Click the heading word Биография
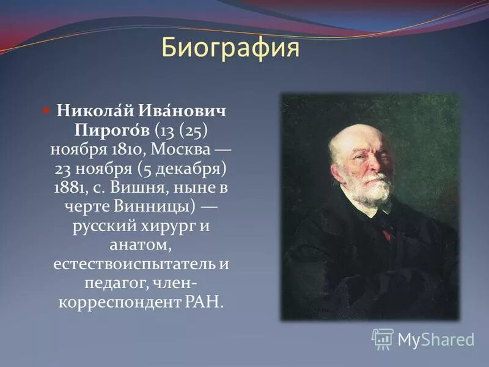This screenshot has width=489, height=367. coord(230,48)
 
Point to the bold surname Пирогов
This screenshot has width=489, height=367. coord(112,130)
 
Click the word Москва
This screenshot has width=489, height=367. coord(182,150)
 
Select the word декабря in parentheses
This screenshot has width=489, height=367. coord(183,169)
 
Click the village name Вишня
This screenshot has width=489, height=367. coord(139,188)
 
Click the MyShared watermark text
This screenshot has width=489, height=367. coord(436,339)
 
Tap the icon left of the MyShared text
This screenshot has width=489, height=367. coord(383,338)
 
